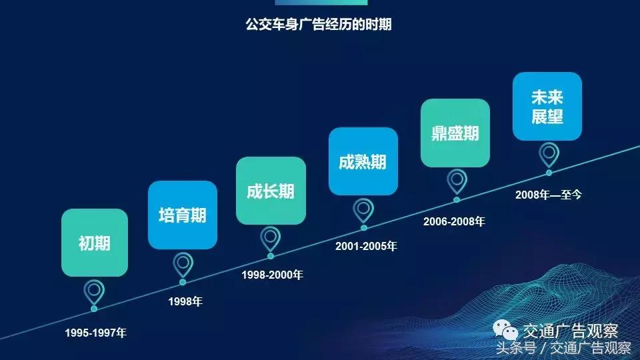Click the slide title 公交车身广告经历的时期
tap(319, 25)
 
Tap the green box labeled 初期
tap(95, 243)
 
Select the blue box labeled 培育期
tap(183, 215)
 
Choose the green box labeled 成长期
tap(271, 191)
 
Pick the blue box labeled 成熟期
tap(363, 161)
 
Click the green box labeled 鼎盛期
tap(455, 133)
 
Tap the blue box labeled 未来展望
tap(547, 107)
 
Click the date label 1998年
tap(185, 302)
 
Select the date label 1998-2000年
tap(272, 274)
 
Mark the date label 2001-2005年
tap(366, 246)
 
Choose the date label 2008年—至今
tap(549, 195)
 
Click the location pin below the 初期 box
tap(94, 292)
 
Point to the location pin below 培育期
tap(183, 264)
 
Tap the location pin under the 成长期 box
tap(270, 237)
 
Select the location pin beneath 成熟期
tap(363, 209)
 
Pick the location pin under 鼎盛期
tap(456, 181)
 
